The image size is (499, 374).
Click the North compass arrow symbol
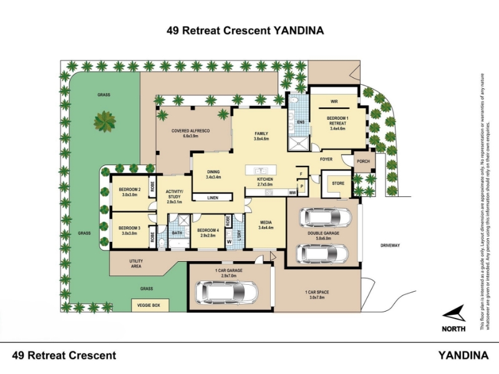coord(453,314)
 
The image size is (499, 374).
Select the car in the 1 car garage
coord(227,290)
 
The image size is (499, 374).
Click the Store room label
coord(337,183)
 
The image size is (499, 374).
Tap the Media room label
coord(266,224)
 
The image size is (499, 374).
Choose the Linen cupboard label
coord(208,198)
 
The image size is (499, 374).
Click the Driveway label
coord(390,245)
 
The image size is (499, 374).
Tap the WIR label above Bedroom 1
coord(334,100)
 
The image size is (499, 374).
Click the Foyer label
coord(327,160)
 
